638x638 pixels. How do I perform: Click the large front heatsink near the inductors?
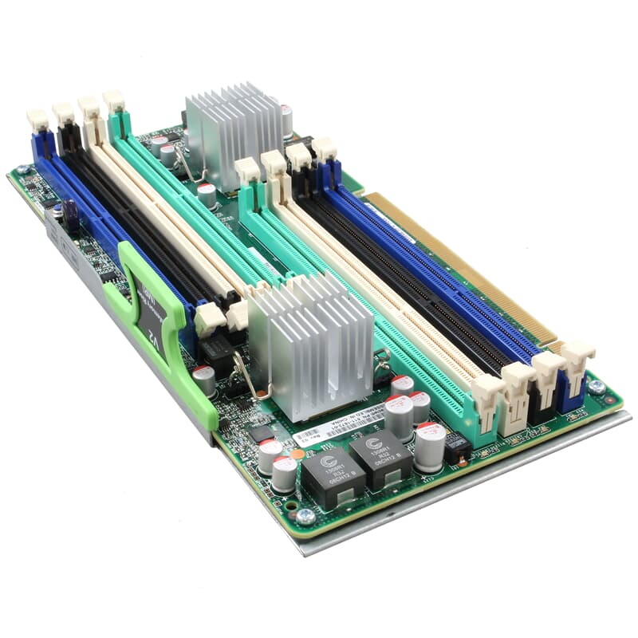(312, 343)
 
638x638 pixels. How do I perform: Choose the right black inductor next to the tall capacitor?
(380, 458)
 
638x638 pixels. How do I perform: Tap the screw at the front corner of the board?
(306, 515)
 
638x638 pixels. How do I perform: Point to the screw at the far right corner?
(596, 386)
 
